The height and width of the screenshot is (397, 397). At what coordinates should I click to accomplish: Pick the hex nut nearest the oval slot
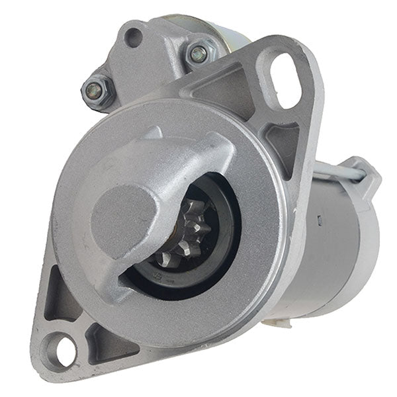click(x=197, y=53)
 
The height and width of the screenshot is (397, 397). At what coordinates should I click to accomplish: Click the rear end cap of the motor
click(x=368, y=238)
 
